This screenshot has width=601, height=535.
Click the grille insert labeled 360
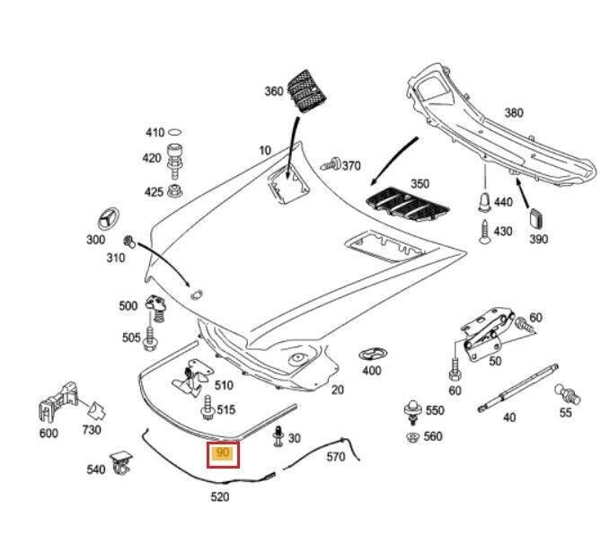[307, 89]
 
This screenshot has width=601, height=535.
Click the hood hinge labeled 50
[489, 333]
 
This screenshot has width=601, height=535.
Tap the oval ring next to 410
[176, 132]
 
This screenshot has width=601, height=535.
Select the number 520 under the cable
[219, 496]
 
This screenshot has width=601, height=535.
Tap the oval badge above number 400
[371, 353]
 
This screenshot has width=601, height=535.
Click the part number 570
[335, 457]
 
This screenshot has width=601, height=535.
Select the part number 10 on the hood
[264, 150]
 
